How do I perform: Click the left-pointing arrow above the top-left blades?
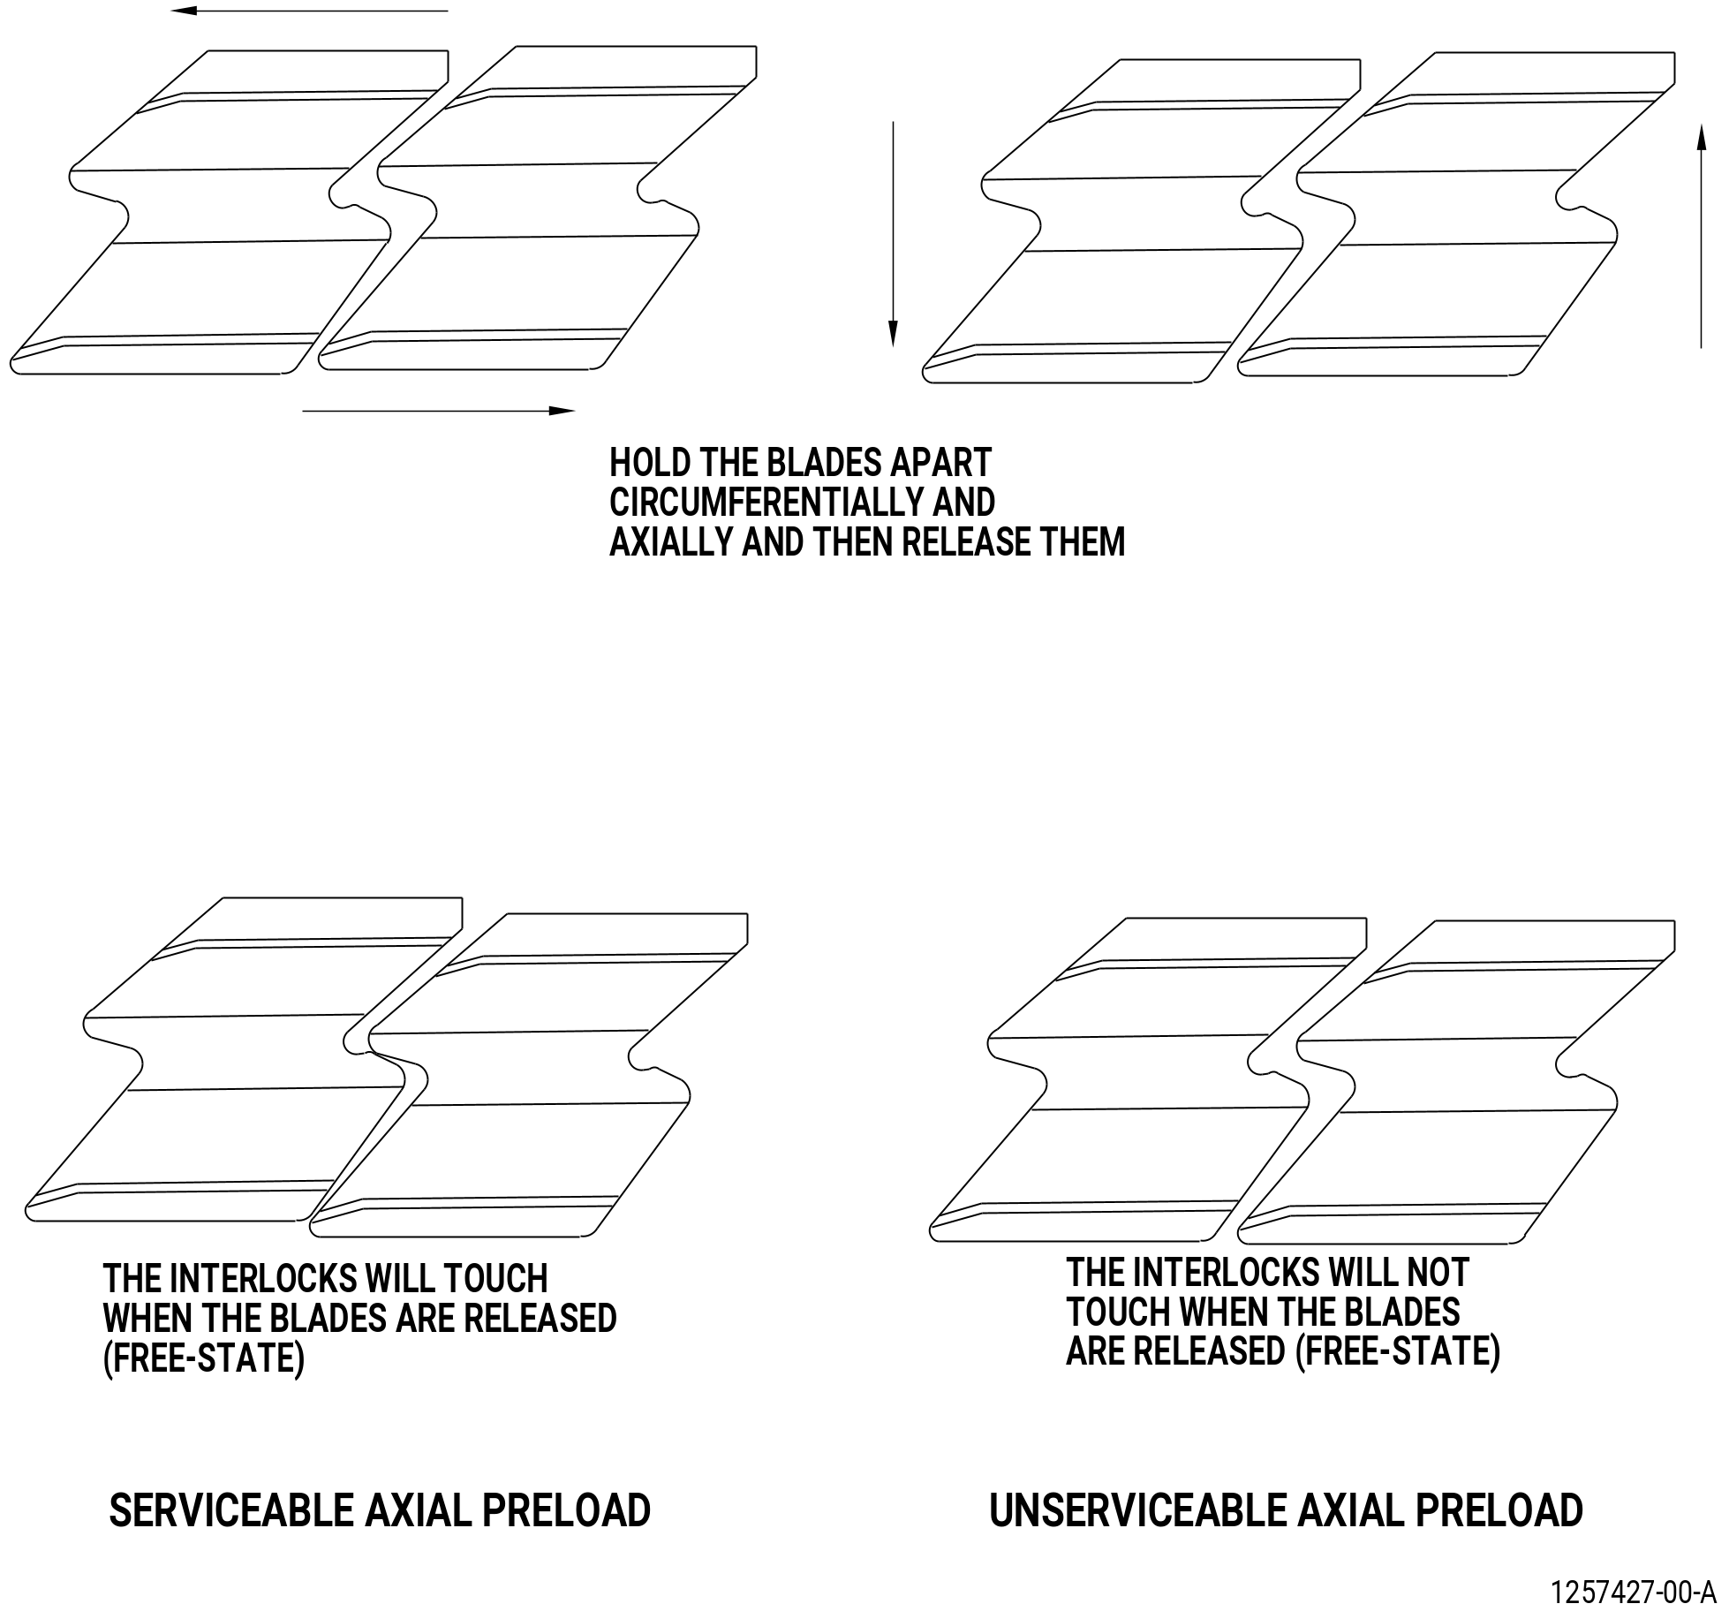[x=309, y=11]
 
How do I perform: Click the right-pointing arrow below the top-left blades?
[x=439, y=411]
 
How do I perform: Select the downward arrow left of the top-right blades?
[x=893, y=234]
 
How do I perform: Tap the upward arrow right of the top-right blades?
[x=1701, y=236]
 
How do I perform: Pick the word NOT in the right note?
[x=1438, y=1273]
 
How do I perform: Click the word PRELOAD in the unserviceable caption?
[x=1499, y=1510]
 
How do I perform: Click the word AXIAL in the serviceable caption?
[x=419, y=1510]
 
